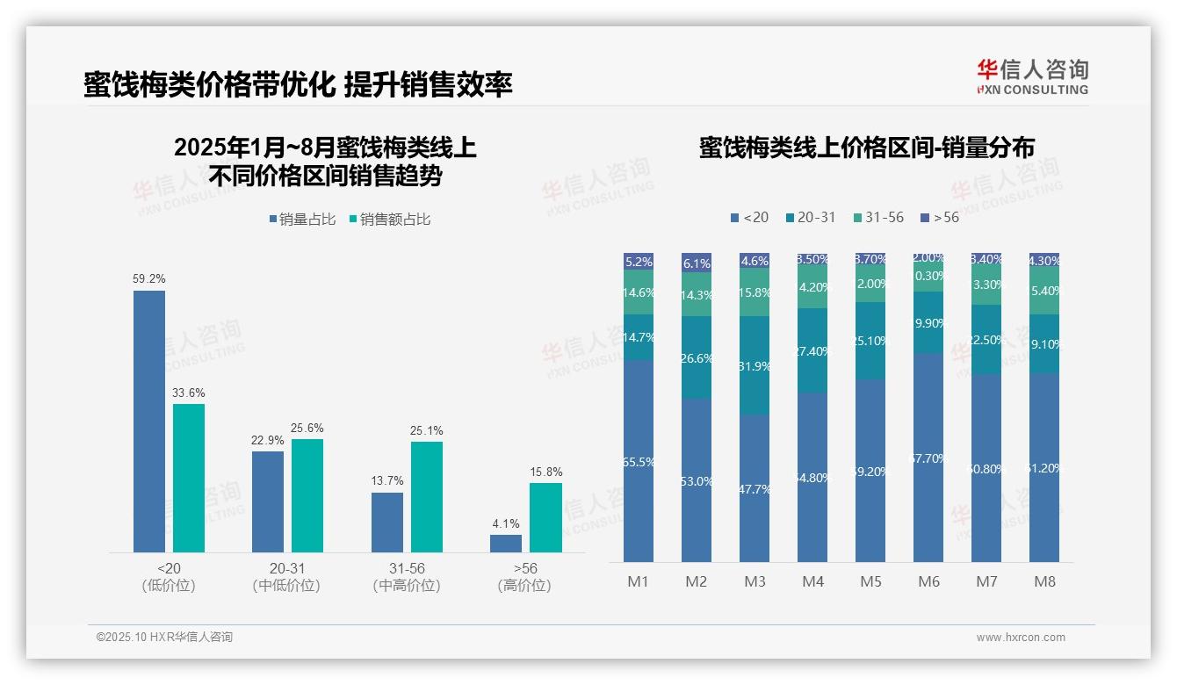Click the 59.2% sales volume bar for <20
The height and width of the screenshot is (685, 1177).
[x=149, y=422]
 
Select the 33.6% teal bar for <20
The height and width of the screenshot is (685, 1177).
[x=189, y=479]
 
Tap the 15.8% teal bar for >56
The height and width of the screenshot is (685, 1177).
[x=545, y=518]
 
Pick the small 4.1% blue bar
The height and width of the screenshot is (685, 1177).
[x=506, y=544]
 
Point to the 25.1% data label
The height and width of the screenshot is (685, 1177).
[x=427, y=431]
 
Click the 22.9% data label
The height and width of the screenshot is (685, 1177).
[x=268, y=441]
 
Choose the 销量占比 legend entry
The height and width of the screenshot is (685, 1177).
[x=302, y=220]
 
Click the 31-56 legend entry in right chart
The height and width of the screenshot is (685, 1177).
[x=878, y=217]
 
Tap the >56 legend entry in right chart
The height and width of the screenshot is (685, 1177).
[x=940, y=217]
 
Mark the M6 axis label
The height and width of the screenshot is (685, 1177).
[x=928, y=581]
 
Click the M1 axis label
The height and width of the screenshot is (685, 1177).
[x=638, y=581]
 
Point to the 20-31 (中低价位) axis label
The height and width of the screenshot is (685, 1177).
[x=286, y=577]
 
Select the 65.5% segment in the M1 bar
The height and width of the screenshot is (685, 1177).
[x=639, y=461]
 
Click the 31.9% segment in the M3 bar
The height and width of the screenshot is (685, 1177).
[x=755, y=365]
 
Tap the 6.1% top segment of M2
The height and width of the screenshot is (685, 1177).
[x=697, y=263]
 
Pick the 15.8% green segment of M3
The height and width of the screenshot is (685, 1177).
[x=755, y=292]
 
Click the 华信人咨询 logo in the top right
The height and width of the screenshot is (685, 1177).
[x=1032, y=77]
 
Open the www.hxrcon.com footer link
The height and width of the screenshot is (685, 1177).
[x=1021, y=638]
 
